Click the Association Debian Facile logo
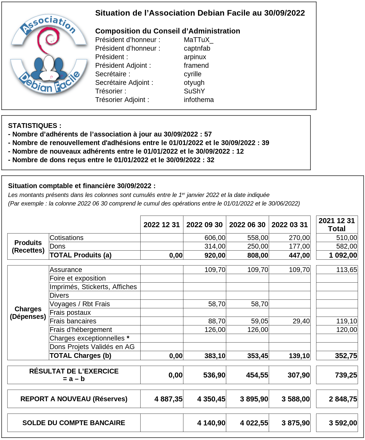pyautogui.click(x=49, y=54)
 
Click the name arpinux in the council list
pyautogui.click(x=195, y=57)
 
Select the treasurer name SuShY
pyautogui.click(x=194, y=91)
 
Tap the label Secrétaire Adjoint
pyautogui.click(x=124, y=83)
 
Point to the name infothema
pyautogui.click(x=198, y=100)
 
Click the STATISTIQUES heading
pyautogui.click(x=35, y=126)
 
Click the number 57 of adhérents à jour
pyautogui.click(x=208, y=134)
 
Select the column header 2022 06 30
pyautogui.click(x=247, y=225)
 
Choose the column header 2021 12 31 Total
pyautogui.click(x=337, y=225)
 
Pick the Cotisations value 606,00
pyautogui.click(x=215, y=238)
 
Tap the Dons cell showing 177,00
pyautogui.click(x=299, y=246)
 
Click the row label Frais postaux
pyautogui.click(x=70, y=313)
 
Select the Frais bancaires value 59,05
pyautogui.click(x=259, y=321)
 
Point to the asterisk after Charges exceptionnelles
pyautogui.click(x=128, y=338)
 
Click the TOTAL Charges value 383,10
pyautogui.click(x=215, y=356)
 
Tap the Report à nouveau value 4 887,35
pyautogui.click(x=168, y=399)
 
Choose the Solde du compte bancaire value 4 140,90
pyautogui.click(x=211, y=423)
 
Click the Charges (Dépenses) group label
pyautogui.click(x=28, y=313)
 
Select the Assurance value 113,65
pyautogui.click(x=346, y=270)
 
